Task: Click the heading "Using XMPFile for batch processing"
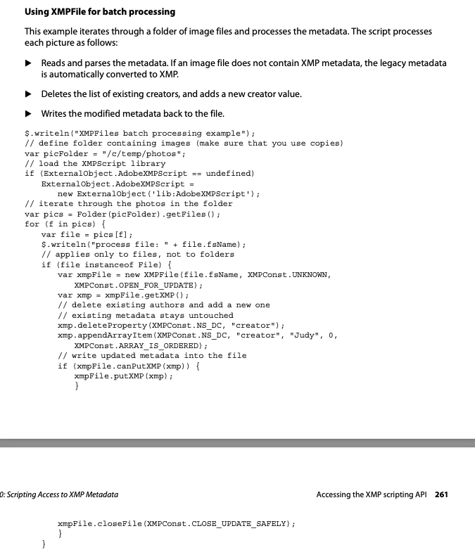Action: [100, 12]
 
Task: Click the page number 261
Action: [441, 494]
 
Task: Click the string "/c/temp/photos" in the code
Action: [144, 153]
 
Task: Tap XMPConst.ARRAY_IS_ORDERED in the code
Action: [138, 345]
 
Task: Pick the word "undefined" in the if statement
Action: [229, 172]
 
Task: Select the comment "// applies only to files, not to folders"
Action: [138, 254]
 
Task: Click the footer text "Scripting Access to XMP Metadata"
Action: [61, 494]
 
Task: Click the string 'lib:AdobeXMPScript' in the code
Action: [198, 193]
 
